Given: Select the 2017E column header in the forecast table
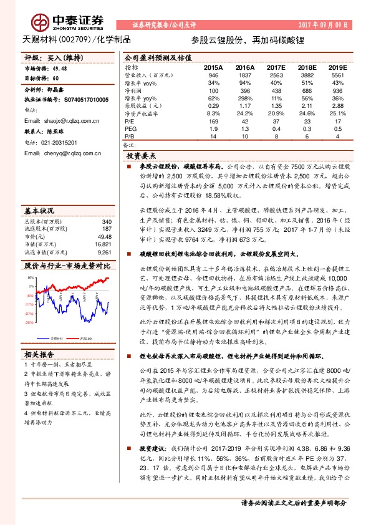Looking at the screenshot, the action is (274, 66).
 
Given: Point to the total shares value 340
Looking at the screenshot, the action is (107, 205).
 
